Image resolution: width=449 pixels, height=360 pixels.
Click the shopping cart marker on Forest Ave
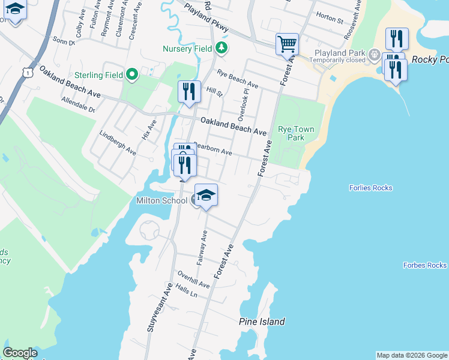point(288,44)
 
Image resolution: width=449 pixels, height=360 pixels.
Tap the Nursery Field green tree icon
point(222,47)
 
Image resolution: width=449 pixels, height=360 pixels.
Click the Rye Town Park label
point(291,133)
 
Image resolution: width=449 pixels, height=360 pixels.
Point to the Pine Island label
point(262,322)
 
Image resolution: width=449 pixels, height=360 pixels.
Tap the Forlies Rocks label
point(370,188)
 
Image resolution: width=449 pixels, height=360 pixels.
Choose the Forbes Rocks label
point(425,265)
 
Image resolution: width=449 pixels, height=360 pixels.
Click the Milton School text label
point(162,200)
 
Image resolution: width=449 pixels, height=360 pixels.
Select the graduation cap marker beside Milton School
point(206,196)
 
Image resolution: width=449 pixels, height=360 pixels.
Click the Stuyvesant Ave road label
point(160,306)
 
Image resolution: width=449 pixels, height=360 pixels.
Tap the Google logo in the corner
point(20,353)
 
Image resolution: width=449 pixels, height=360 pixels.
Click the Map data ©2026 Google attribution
point(411,355)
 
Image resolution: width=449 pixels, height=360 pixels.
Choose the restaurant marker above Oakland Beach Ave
point(189,92)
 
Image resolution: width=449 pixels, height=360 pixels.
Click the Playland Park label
point(340,53)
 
